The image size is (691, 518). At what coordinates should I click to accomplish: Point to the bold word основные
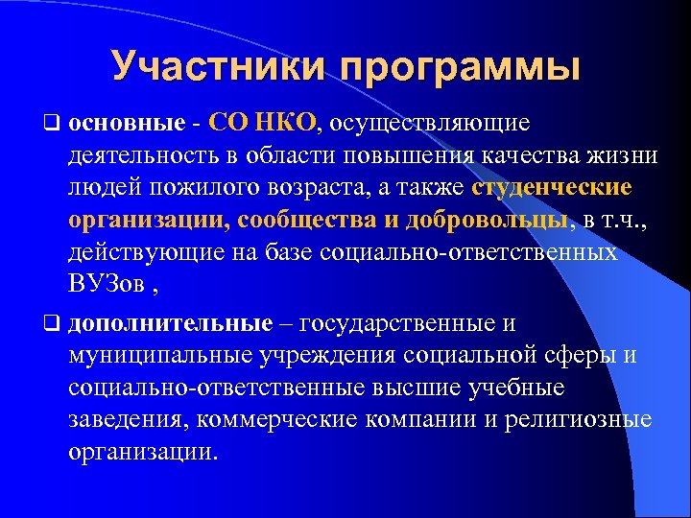click(x=126, y=124)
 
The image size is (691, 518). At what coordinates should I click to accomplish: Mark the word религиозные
click(x=584, y=421)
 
